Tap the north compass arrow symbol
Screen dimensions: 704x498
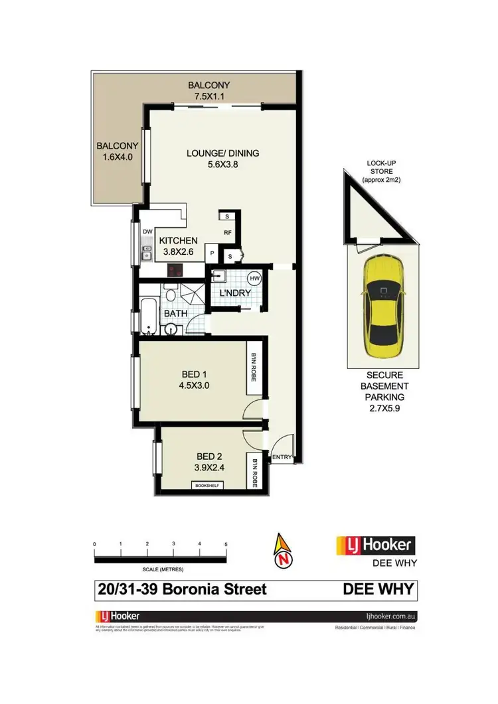click(284, 552)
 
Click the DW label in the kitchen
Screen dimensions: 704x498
click(147, 231)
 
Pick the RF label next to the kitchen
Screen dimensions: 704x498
click(227, 232)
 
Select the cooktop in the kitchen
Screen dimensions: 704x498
click(176, 270)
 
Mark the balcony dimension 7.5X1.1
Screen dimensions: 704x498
click(208, 96)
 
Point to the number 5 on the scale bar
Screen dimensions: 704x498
click(226, 544)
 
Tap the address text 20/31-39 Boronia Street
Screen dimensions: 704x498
click(181, 589)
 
